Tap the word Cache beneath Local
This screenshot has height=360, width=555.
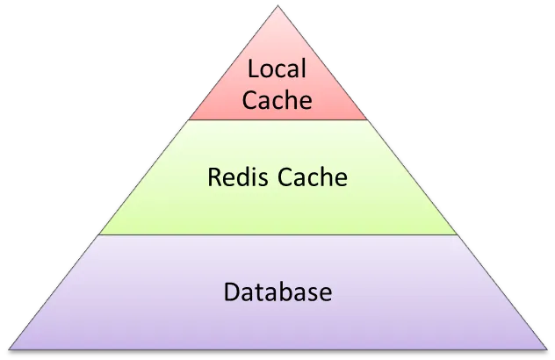[x=277, y=99]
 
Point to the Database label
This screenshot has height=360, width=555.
[x=277, y=291]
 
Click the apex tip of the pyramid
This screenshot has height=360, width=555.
[x=277, y=6]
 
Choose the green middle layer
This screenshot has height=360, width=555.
[x=277, y=211]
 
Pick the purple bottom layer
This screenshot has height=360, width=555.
[x=277, y=325]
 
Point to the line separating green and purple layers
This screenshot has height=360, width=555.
[x=277, y=235]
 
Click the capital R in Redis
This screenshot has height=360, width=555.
[x=214, y=177]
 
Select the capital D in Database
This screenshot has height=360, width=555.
[x=231, y=291]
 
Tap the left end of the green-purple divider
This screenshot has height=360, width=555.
[x=98, y=235]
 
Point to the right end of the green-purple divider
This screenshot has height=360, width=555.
[x=458, y=235]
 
